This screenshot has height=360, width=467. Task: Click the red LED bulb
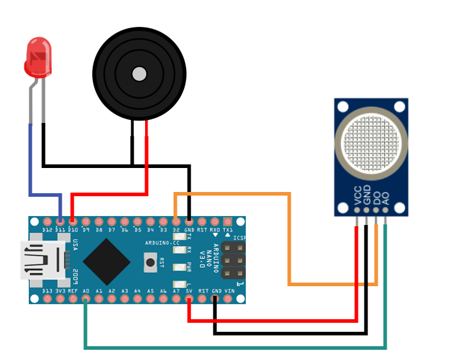[x=38, y=58]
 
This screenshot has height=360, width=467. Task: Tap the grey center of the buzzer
[x=139, y=74]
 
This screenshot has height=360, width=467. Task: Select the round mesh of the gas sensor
[x=370, y=142]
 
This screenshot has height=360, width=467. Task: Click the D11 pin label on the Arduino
[x=60, y=230]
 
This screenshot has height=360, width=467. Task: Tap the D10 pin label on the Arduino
[x=73, y=230]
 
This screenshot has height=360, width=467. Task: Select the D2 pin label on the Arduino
[x=176, y=230]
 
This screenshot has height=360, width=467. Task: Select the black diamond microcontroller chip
[x=107, y=262]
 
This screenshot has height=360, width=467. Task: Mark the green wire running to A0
[x=234, y=347]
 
